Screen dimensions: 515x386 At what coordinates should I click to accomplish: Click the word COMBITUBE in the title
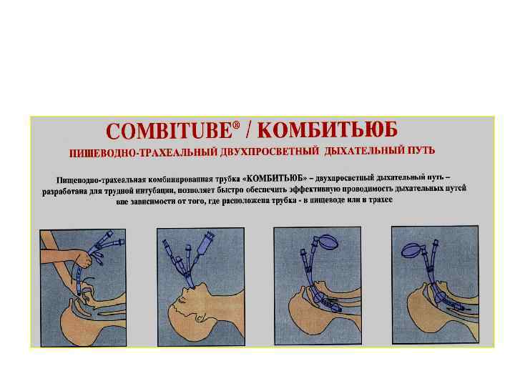(169, 131)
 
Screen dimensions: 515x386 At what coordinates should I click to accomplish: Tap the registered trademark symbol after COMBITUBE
(236, 125)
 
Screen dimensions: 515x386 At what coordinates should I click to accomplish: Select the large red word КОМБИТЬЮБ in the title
(328, 129)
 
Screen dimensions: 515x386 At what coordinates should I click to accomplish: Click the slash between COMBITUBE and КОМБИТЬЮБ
(248, 130)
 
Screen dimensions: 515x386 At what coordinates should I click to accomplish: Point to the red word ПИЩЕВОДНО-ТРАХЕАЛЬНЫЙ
(143, 153)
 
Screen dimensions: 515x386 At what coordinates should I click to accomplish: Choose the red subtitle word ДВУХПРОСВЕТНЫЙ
(270, 152)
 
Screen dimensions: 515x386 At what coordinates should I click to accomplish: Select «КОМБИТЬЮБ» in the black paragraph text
(275, 179)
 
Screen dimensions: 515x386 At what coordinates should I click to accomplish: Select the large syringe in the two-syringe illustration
(205, 248)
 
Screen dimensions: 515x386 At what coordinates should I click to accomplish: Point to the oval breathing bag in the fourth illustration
(412, 250)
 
